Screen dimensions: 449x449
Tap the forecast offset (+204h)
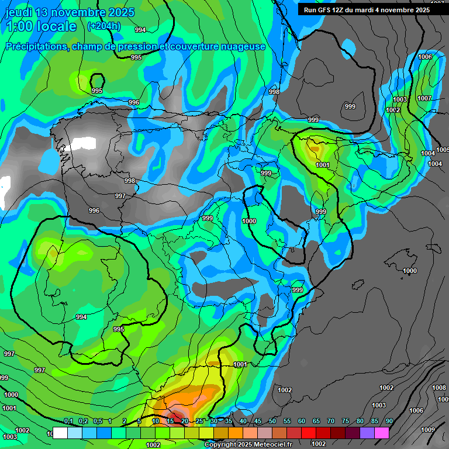click(x=103, y=26)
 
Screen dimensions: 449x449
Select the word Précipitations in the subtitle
click(x=36, y=46)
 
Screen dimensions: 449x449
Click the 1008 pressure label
click(x=438, y=388)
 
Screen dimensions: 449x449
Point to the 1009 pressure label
click(x=428, y=430)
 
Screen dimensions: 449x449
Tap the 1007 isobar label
click(x=424, y=98)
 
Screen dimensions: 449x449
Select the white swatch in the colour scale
click(x=60, y=433)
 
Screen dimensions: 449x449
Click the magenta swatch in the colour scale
click(x=381, y=433)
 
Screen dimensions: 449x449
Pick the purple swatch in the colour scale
click(x=367, y=433)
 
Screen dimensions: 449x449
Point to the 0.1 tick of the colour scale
click(x=68, y=422)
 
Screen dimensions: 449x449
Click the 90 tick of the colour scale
click(x=389, y=422)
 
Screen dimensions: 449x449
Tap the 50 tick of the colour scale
click(x=272, y=422)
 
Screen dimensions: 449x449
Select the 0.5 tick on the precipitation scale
click(x=97, y=422)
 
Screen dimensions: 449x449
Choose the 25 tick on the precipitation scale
click(x=199, y=422)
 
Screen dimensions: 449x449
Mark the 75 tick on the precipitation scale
click(x=345, y=422)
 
